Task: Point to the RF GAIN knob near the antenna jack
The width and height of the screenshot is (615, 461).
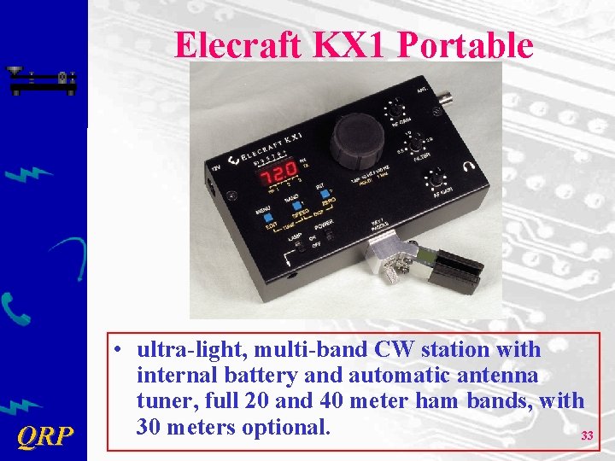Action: pos(395,110)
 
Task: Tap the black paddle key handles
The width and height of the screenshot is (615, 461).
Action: pos(457,271)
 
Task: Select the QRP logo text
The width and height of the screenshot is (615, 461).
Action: pos(44,437)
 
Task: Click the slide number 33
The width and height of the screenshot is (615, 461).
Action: pos(587,436)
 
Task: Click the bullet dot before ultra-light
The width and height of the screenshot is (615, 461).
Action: pos(124,351)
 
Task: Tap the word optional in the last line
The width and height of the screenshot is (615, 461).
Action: pos(286,426)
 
